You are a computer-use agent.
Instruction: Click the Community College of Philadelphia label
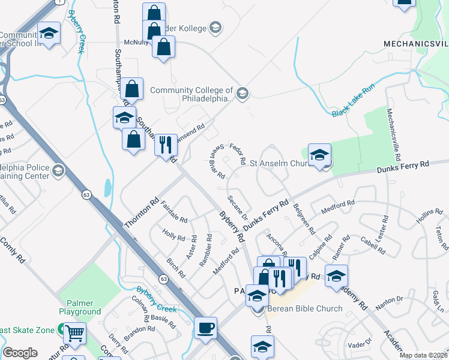point(191,94)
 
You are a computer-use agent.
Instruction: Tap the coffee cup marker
point(206,328)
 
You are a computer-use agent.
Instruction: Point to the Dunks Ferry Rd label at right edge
point(403,167)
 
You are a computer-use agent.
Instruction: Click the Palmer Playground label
point(80,307)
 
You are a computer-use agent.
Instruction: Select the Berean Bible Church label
point(304,309)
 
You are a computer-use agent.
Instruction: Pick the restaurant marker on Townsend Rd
point(166,145)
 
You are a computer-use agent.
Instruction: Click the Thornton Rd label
point(141,213)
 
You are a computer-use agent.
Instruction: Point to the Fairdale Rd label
point(175,211)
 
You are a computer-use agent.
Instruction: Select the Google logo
point(20,353)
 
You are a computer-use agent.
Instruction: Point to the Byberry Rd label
point(232,226)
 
